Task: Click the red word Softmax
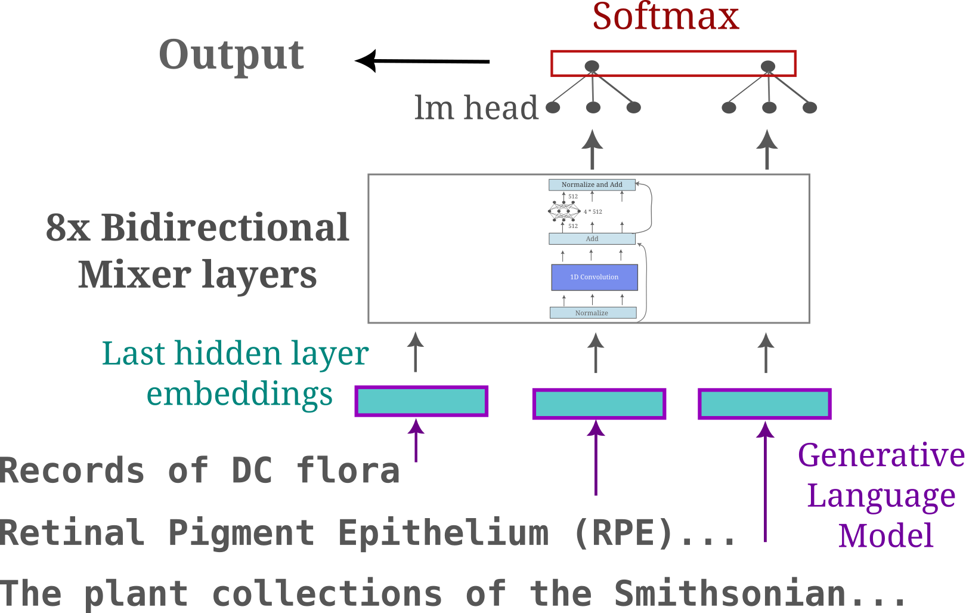[665, 17]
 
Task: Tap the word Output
[231, 55]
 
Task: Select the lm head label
[476, 108]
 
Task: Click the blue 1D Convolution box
[595, 277]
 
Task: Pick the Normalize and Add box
[592, 185]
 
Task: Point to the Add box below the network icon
[592, 239]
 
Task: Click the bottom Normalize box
[593, 313]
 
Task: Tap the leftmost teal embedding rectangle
[421, 401]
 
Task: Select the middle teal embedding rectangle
[599, 404]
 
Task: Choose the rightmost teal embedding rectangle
[764, 404]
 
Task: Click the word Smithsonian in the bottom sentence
[730, 594]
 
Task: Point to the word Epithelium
[444, 532]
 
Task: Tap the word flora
[348, 470]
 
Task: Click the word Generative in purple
[881, 456]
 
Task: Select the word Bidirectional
[225, 228]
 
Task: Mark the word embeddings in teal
[240, 395]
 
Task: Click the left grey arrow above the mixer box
[592, 150]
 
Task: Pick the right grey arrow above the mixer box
[767, 150]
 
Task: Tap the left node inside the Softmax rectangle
[592, 66]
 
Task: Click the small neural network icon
[564, 211]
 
